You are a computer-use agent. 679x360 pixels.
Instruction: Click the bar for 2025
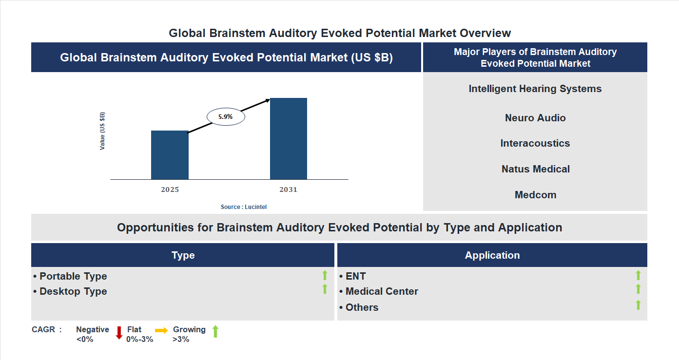point(170,155)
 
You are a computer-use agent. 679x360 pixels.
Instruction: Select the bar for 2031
point(289,139)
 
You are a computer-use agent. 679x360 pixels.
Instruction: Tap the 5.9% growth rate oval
point(226,117)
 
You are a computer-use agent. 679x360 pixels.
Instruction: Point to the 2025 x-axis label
point(170,189)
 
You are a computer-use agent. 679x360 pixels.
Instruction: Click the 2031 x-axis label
point(288,189)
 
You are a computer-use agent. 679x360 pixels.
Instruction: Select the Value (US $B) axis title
point(102,131)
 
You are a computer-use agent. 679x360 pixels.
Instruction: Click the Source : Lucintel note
point(244,207)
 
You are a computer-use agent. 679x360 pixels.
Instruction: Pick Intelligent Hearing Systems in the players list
point(535,89)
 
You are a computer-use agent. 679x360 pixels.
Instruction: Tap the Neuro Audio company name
point(535,118)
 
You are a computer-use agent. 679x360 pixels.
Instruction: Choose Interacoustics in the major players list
point(535,143)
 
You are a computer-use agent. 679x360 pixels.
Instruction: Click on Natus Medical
point(535,169)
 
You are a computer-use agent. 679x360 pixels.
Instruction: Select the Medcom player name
point(535,195)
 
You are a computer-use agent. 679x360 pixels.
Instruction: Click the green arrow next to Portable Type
point(325,275)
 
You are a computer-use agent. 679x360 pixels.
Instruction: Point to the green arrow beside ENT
point(638,275)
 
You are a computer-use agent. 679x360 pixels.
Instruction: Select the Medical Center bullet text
point(381,291)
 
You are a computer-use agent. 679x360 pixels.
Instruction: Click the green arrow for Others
point(638,305)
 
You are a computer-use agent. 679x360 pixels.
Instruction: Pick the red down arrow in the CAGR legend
point(118,333)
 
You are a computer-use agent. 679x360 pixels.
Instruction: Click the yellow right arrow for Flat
point(161,330)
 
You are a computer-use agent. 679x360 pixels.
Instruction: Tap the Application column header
point(492,255)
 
